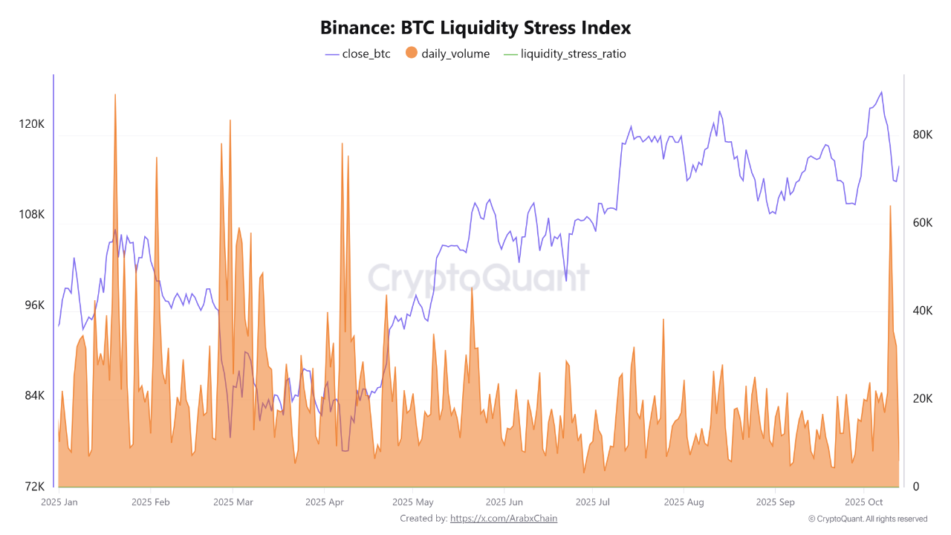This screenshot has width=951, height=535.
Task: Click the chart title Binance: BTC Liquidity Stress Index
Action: [x=475, y=28]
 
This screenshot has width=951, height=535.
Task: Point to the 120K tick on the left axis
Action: [x=31, y=124]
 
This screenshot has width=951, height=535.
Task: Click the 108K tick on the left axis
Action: [x=31, y=215]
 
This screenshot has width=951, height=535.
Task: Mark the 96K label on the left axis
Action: [x=34, y=305]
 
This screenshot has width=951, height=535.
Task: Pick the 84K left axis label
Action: [x=34, y=396]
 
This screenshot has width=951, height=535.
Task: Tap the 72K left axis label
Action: [x=34, y=487]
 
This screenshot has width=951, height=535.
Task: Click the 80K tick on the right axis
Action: [x=922, y=134]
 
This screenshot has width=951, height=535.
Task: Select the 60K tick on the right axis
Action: [x=922, y=223]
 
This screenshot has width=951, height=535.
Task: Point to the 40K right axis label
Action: [x=922, y=311]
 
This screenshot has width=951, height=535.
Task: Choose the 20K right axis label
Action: [x=922, y=399]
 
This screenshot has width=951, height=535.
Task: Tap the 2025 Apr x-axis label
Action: [x=325, y=502]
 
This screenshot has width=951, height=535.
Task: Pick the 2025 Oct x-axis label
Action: [x=865, y=502]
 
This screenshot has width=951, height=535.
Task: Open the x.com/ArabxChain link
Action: [x=504, y=519]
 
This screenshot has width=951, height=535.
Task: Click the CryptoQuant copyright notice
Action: [x=868, y=519]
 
